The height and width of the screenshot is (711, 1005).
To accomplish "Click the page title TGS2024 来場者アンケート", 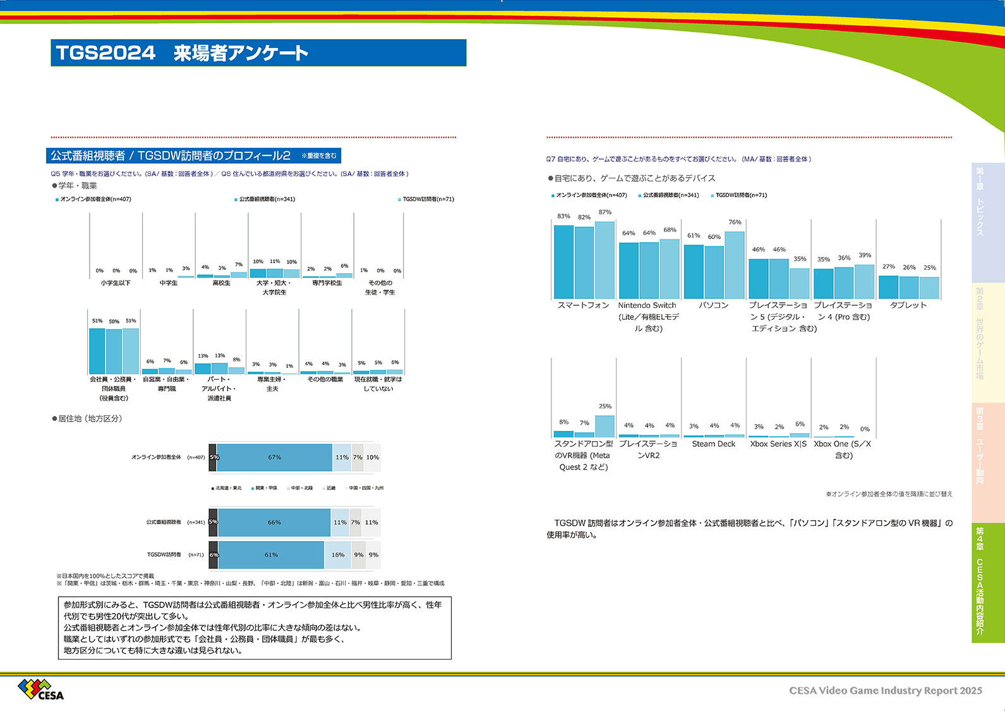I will point(182,53).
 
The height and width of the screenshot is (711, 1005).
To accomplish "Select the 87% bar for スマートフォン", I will point(605,260).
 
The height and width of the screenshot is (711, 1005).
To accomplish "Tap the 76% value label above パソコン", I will point(735,222).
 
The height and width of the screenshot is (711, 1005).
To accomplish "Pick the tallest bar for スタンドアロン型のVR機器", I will point(605,426).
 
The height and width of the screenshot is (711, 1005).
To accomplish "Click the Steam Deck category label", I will point(713,444).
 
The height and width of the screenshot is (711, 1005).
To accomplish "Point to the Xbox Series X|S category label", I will point(778,444).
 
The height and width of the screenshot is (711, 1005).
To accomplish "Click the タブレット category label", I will point(908,305).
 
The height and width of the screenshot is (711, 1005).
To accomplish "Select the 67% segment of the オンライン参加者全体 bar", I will point(274,458).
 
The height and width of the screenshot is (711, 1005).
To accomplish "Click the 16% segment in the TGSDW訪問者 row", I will point(338,555).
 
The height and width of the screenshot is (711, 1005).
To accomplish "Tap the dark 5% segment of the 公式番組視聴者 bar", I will point(214,523).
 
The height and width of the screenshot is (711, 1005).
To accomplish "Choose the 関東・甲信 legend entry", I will point(264,488).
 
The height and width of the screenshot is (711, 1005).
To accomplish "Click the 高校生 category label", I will point(221,283).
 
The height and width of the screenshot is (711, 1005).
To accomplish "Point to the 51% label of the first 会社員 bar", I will point(97,321).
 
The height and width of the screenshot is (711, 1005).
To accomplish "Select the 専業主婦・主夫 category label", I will point(272,384).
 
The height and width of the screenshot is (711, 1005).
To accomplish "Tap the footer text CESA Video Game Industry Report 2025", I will point(885,691).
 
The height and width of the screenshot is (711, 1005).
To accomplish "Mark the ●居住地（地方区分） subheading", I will point(87,418).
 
